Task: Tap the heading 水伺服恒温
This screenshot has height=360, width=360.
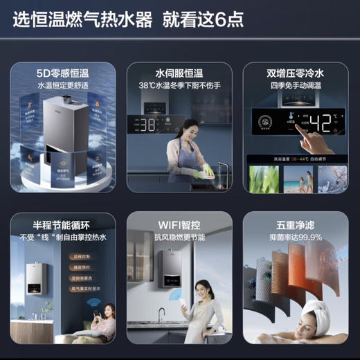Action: point(179,72)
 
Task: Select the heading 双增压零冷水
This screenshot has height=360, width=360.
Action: point(296,72)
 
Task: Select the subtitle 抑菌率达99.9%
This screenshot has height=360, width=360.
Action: point(296,236)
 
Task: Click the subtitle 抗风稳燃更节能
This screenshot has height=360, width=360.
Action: point(179,236)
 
